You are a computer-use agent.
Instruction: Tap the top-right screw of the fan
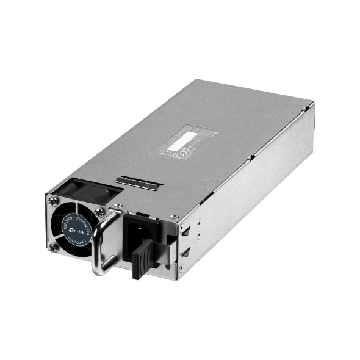click(99, 212)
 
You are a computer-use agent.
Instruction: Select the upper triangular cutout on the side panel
click(185, 230)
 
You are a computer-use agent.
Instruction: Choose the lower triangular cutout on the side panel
click(185, 252)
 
